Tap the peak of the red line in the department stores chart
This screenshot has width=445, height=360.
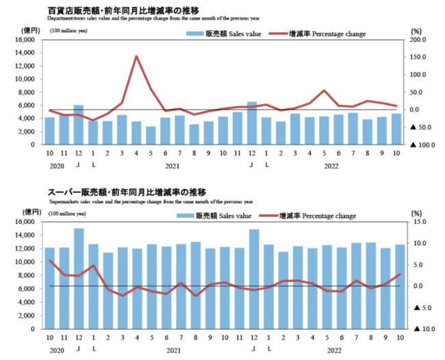(136, 57)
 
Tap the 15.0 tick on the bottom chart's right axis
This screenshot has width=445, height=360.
(419, 222)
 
